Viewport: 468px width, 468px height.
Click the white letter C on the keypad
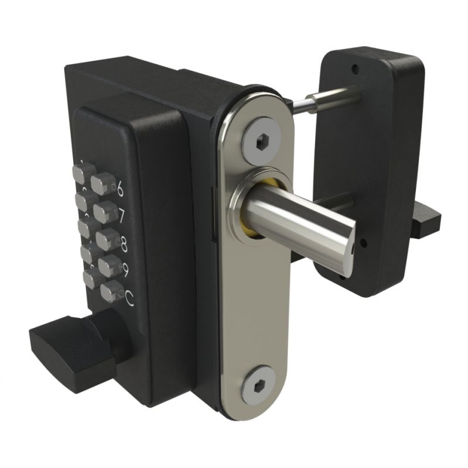[129, 299]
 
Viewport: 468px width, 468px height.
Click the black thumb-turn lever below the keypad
[64, 346]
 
